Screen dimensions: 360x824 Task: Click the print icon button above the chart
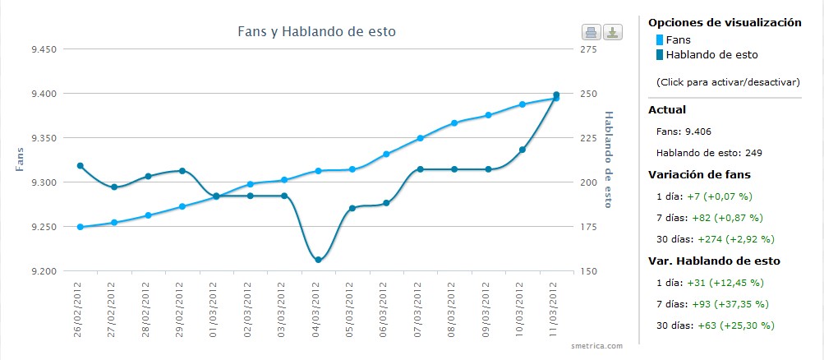point(591,33)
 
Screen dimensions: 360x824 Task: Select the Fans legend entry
point(678,39)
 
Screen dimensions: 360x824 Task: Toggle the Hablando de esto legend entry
point(711,55)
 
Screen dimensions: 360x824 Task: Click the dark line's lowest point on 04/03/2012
point(318,260)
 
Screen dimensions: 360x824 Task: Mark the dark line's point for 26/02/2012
point(80,166)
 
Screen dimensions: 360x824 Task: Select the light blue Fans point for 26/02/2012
point(80,227)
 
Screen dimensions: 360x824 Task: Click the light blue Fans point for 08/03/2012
point(454,123)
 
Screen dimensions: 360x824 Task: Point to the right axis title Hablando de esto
point(609,159)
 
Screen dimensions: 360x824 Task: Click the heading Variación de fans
point(699,174)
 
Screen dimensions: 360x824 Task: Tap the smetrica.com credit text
point(597,346)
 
